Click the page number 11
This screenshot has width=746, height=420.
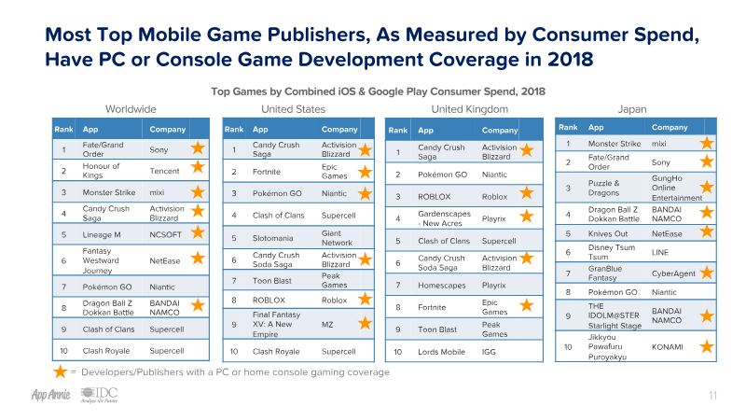pos(712,397)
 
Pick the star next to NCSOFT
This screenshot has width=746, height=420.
pos(197,235)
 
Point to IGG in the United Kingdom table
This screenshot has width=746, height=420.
pos(489,351)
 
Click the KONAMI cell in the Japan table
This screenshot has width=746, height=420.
pos(666,347)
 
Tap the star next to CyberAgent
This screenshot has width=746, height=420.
pos(707,273)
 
